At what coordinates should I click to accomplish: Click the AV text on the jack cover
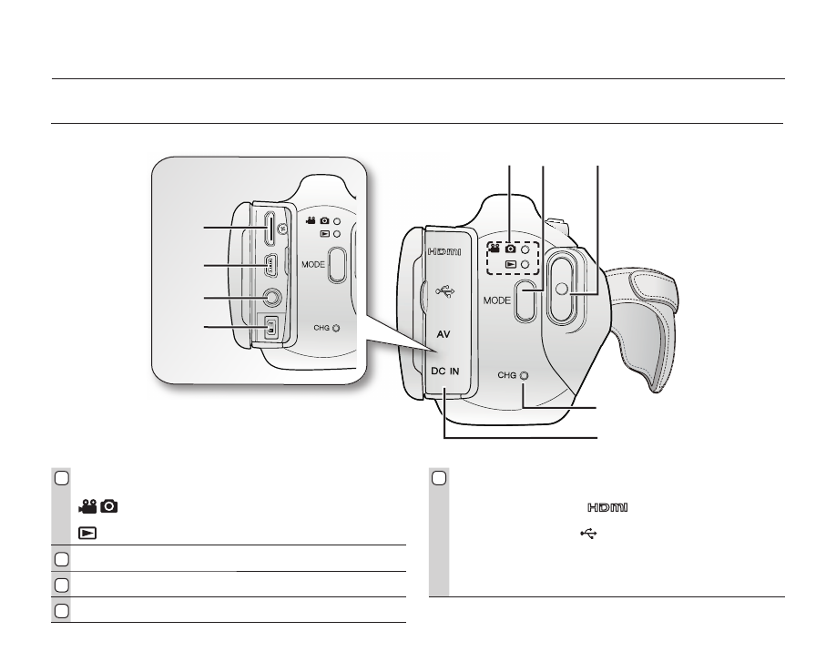pos(443,334)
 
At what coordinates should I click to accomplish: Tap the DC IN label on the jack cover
pos(444,371)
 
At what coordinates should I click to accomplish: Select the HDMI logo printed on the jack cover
pos(444,251)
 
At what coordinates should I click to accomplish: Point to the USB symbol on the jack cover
pos(444,291)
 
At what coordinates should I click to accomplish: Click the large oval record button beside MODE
pos(560,289)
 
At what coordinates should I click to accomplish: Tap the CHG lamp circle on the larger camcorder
pos(525,375)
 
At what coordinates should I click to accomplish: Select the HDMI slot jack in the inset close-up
pos(270,229)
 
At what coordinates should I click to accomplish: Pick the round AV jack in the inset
pos(272,298)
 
